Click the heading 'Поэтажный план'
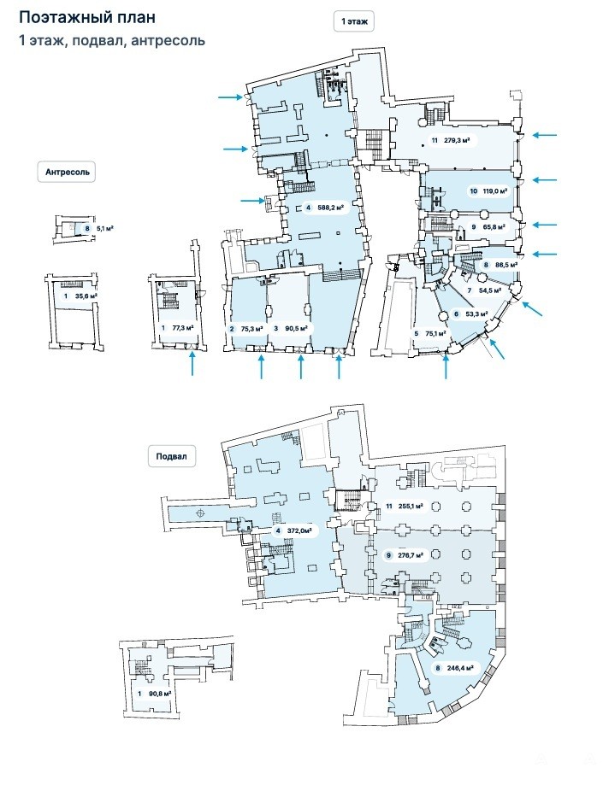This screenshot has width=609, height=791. click(x=87, y=18)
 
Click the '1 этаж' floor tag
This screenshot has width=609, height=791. click(x=354, y=21)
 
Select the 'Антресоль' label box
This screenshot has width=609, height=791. click(x=68, y=172)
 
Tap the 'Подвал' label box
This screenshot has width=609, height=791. click(x=172, y=456)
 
